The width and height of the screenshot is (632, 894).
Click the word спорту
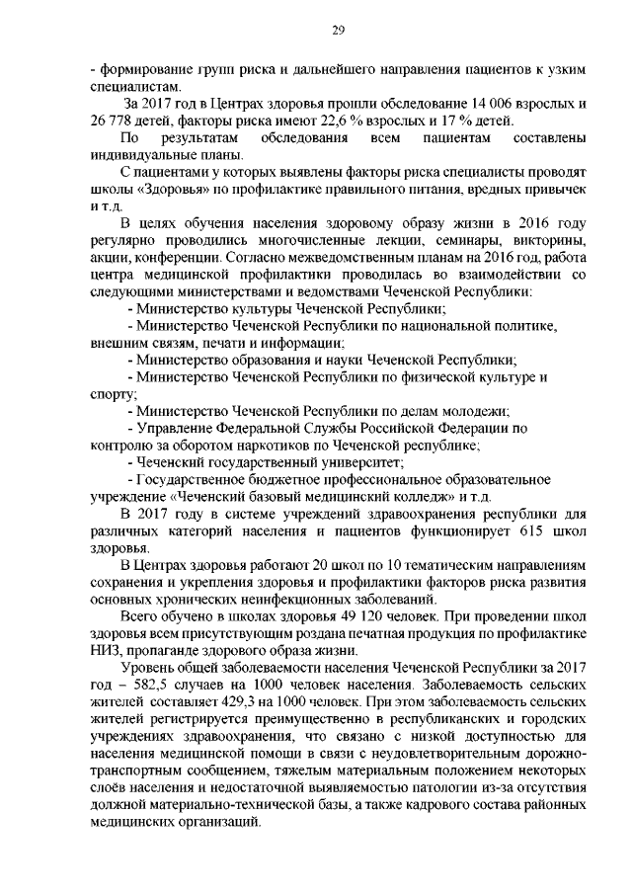pyautogui.click(x=106, y=393)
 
